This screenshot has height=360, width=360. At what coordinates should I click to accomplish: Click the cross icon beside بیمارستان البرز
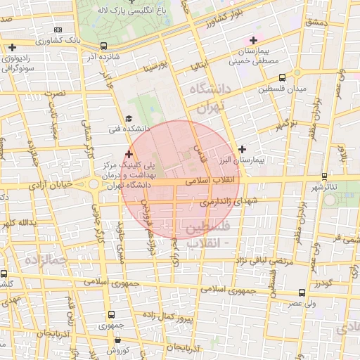click(x=243, y=149)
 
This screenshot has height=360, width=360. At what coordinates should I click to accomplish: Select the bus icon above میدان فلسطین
click(x=282, y=78)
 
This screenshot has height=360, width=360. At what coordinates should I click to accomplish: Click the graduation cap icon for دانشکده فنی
click(x=128, y=119)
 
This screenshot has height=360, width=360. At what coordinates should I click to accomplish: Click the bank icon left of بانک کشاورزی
click(x=58, y=30)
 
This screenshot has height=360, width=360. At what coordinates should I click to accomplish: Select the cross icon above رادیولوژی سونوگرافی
click(x=12, y=47)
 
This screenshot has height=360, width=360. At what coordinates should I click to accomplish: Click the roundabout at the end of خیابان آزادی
click(x=94, y=186)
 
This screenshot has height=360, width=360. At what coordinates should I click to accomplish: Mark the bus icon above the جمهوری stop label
click(x=110, y=316)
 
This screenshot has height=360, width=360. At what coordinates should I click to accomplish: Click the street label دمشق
click(x=317, y=23)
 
